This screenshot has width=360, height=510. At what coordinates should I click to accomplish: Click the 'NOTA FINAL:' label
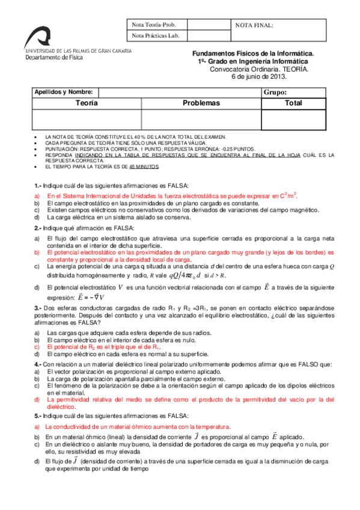(x=254, y=25)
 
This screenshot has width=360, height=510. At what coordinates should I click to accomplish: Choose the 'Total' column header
(x=293, y=103)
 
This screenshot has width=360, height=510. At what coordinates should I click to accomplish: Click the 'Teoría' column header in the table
(x=87, y=103)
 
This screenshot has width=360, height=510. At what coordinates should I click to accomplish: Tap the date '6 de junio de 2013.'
(x=259, y=76)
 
